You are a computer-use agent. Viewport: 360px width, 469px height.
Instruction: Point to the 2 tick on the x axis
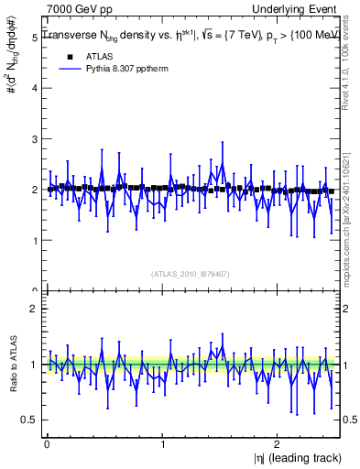pos(279,444)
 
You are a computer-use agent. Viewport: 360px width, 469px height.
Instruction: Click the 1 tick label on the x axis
pos(163,444)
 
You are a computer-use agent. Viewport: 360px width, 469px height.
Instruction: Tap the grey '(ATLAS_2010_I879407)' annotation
pos(191,273)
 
